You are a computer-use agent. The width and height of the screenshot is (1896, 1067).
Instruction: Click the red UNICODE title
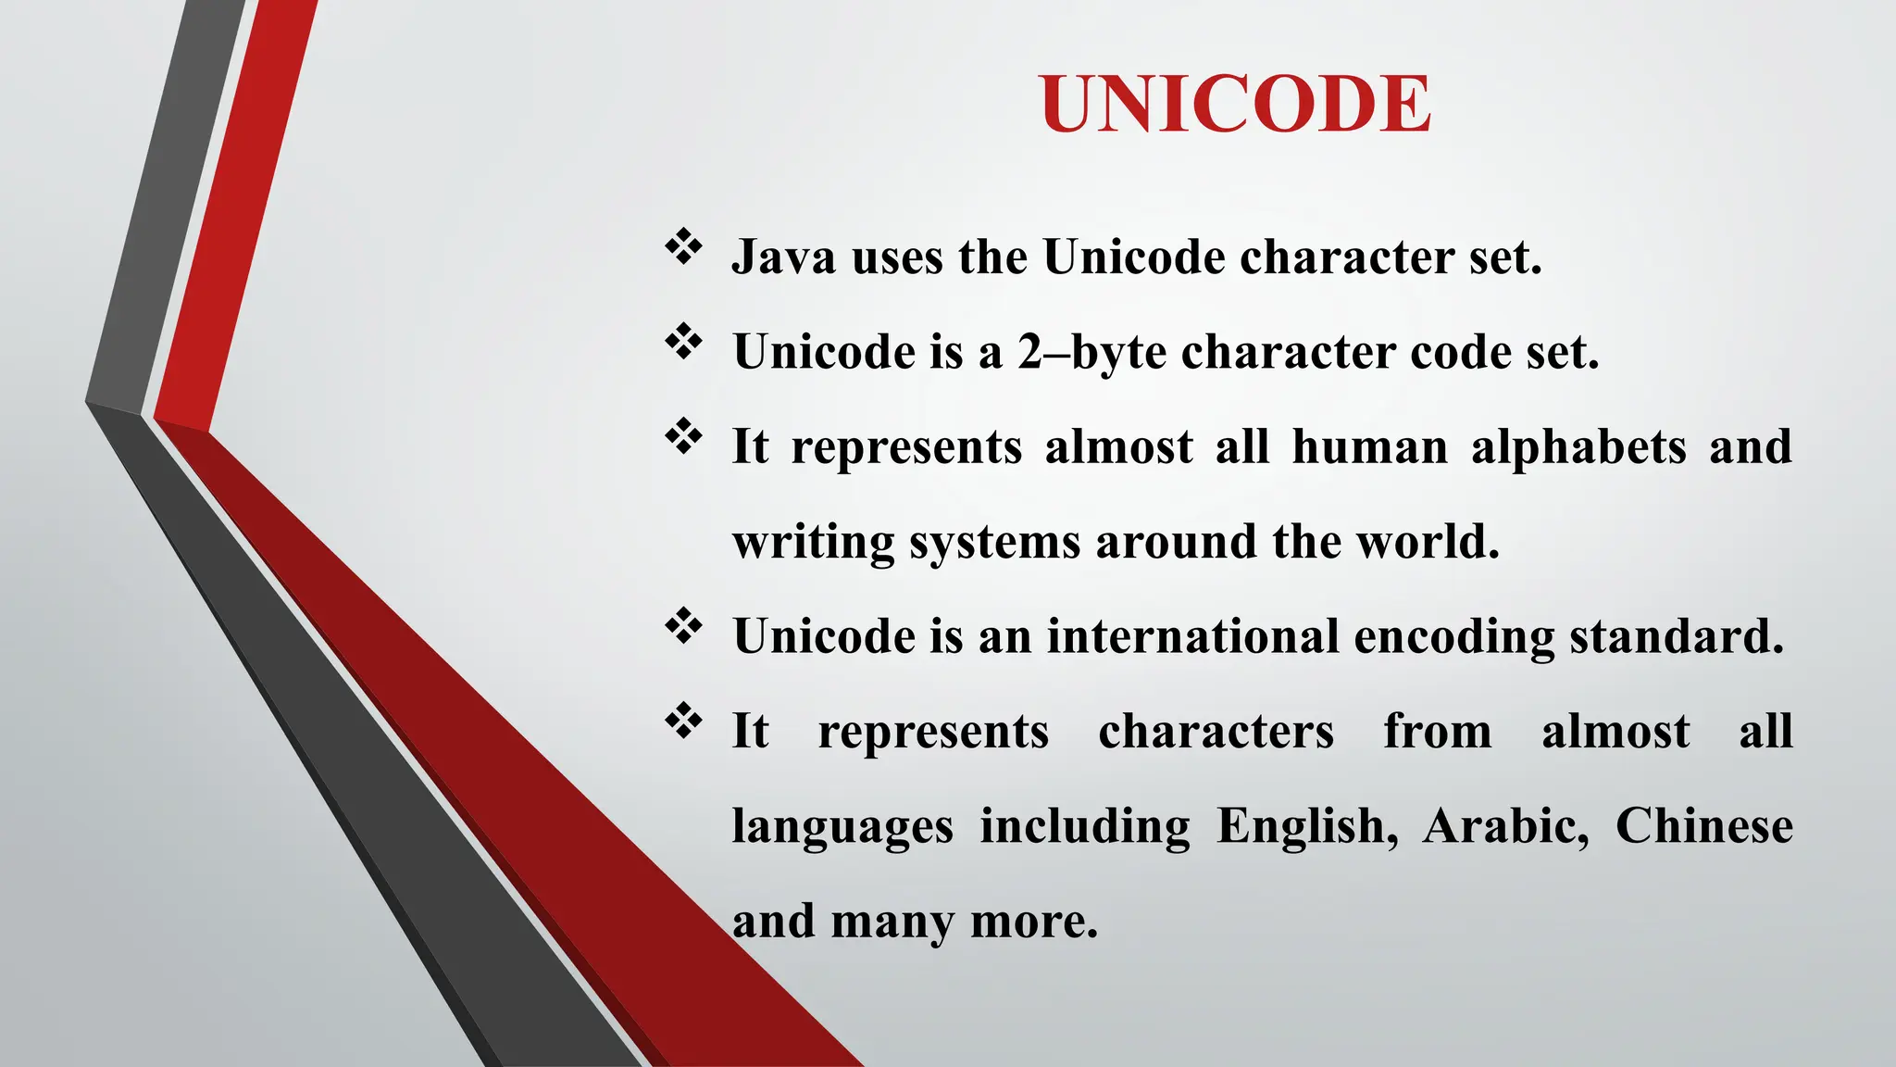tap(1235, 104)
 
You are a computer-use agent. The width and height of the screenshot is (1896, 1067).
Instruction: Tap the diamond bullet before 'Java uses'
tap(683, 247)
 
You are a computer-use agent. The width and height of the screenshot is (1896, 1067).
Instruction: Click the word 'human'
tap(1369, 447)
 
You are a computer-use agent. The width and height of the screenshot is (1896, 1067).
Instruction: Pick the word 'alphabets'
tap(1578, 447)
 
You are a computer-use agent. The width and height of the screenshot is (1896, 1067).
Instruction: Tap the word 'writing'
tap(813, 543)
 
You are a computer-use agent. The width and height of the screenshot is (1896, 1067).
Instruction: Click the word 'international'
tap(1192, 637)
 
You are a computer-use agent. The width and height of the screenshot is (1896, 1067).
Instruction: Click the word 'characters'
tap(1216, 732)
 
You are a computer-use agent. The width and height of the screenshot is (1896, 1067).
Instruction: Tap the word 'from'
tap(1437, 732)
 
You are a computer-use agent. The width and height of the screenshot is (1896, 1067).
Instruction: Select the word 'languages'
tap(842, 827)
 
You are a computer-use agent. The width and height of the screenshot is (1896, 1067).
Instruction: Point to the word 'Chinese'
tap(1703, 826)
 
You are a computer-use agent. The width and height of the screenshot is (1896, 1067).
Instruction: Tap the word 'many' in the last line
tap(892, 923)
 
